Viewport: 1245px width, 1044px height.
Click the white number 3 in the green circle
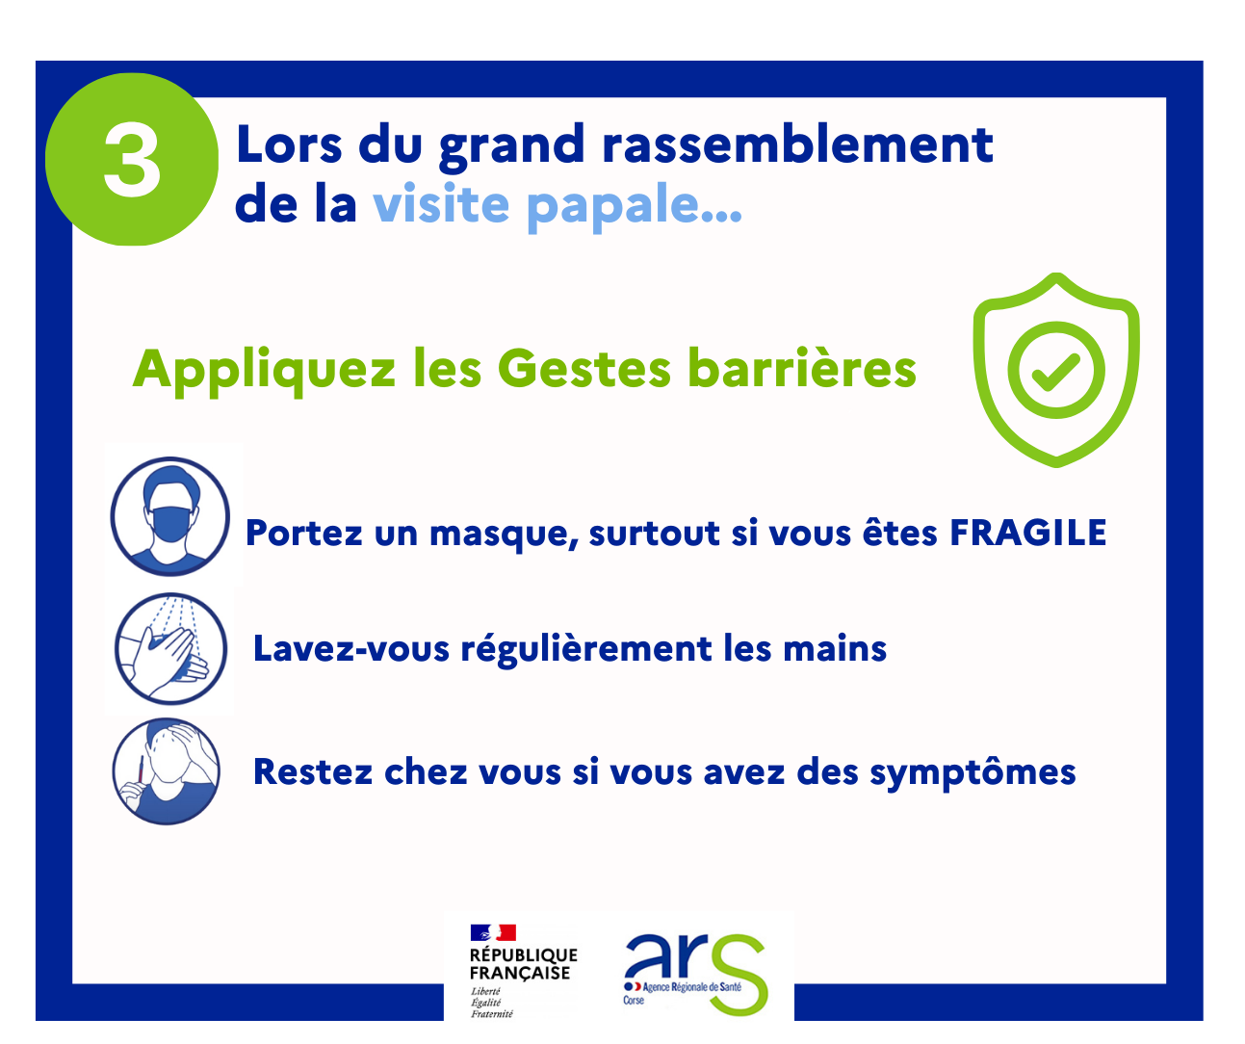pyautogui.click(x=132, y=159)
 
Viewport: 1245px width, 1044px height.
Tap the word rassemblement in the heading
pyautogui.click(x=798, y=144)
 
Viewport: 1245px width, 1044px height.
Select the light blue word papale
pyautogui.click(x=635, y=206)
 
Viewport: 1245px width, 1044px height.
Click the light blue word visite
pyautogui.click(x=441, y=203)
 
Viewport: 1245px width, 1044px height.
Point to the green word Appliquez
pyautogui.click(x=264, y=370)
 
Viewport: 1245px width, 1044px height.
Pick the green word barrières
pyautogui.click(x=802, y=368)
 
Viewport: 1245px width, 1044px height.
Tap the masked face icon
pyautogui.click(x=169, y=516)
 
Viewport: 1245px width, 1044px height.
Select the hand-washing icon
pyautogui.click(x=170, y=649)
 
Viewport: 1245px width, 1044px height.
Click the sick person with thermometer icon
pyautogui.click(x=167, y=771)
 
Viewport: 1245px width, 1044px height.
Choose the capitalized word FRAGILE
pyautogui.click(x=1028, y=533)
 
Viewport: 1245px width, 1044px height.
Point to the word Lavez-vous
pyautogui.click(x=351, y=648)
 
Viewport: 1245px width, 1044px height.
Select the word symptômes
pyautogui.click(x=973, y=773)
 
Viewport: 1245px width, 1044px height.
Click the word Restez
pyautogui.click(x=313, y=772)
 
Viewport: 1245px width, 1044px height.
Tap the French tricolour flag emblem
pyautogui.click(x=493, y=933)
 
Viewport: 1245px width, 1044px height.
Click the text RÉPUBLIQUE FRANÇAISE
pyautogui.click(x=523, y=964)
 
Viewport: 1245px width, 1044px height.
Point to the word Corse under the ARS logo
pyautogui.click(x=634, y=1001)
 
